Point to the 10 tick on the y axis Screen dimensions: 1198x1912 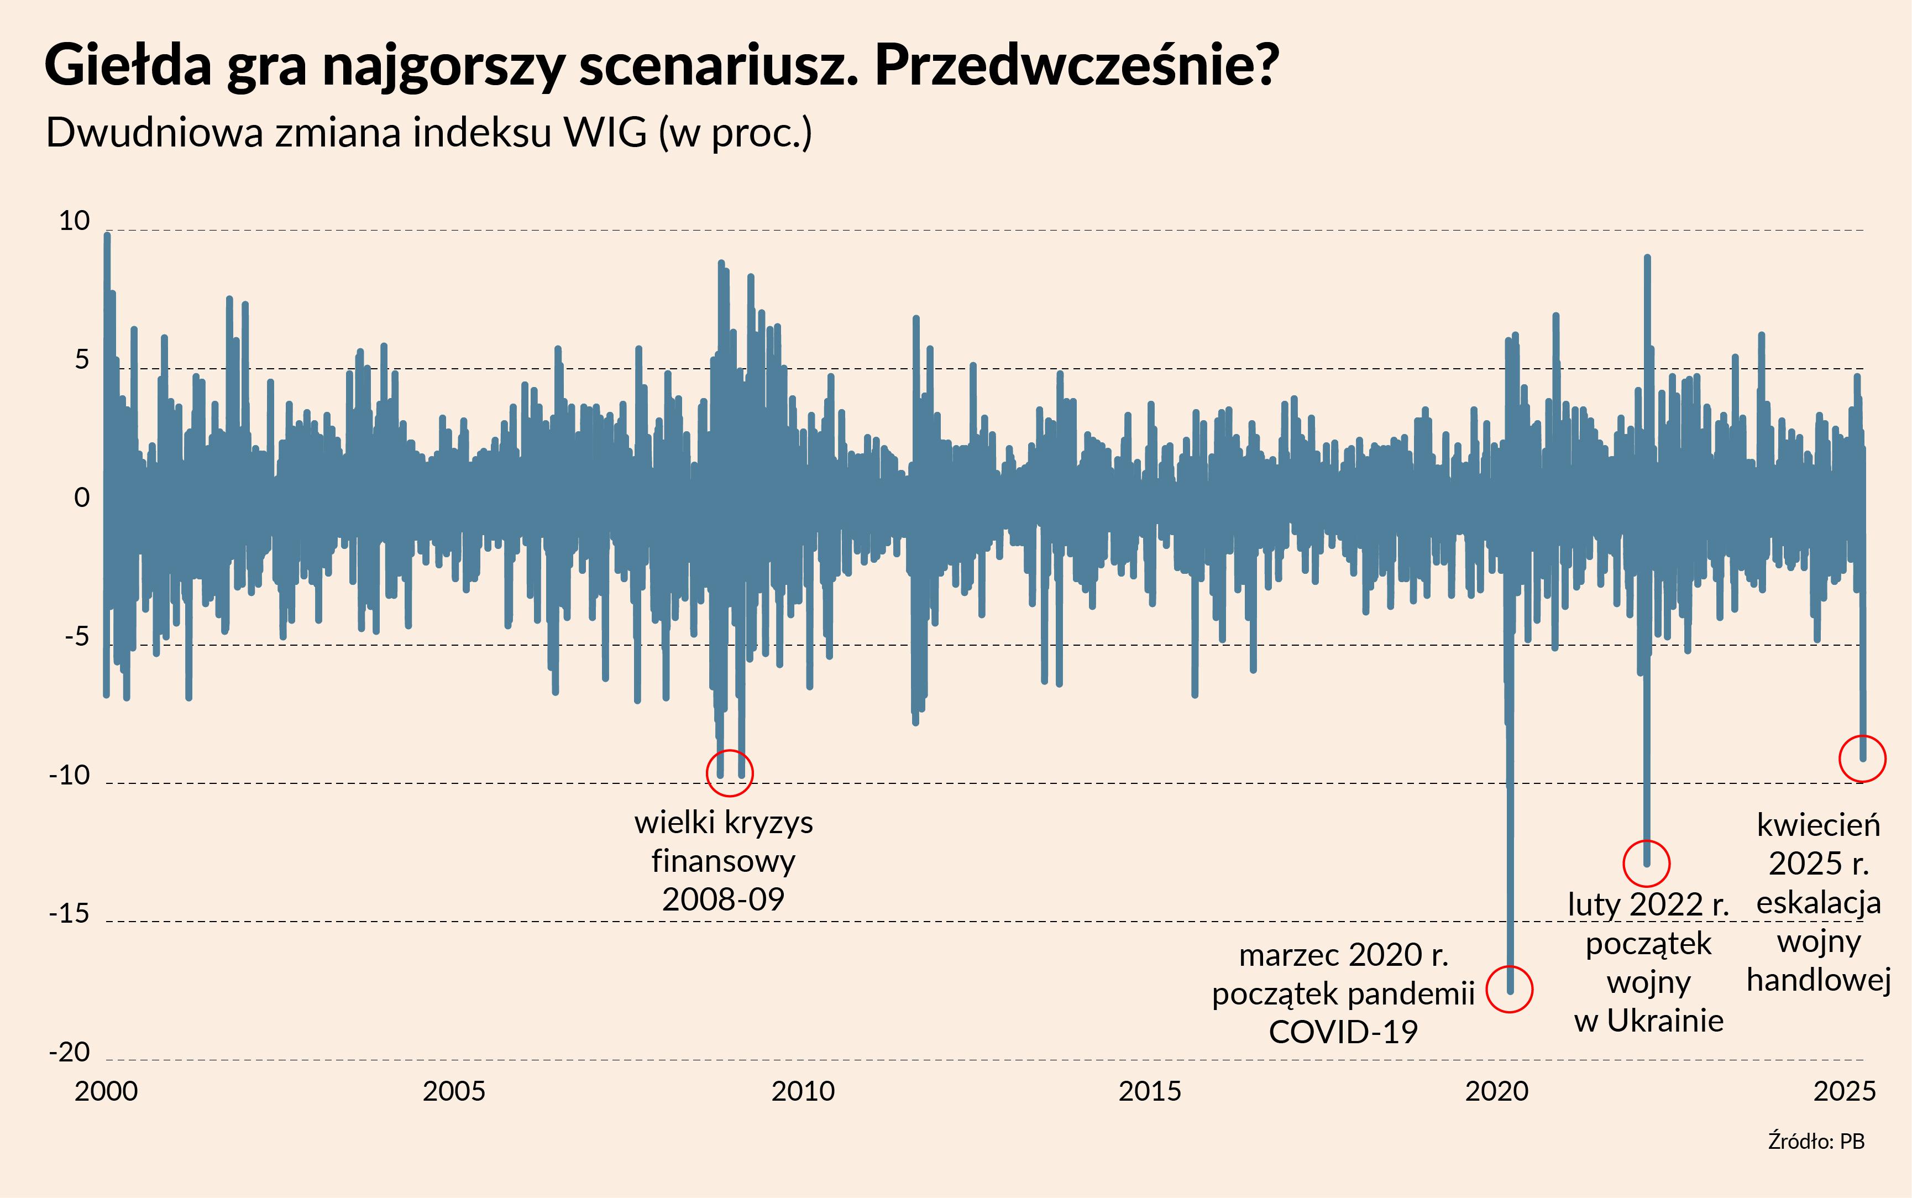coord(75,221)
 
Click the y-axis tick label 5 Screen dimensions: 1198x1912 coord(82,360)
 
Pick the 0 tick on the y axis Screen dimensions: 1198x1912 coord(82,498)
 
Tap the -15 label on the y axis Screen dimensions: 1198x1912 coord(70,913)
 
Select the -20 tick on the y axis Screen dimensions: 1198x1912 coord(70,1052)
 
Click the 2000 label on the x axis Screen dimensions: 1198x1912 coord(106,1091)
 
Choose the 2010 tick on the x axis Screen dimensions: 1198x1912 coord(803,1091)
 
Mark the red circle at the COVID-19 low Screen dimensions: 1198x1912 coord(1510,989)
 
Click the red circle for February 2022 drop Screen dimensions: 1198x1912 coord(1647,863)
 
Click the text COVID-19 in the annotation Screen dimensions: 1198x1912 coord(1343,1032)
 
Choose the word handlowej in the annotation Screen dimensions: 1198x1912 coord(1819,980)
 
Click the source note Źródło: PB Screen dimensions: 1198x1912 coord(1816,1142)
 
